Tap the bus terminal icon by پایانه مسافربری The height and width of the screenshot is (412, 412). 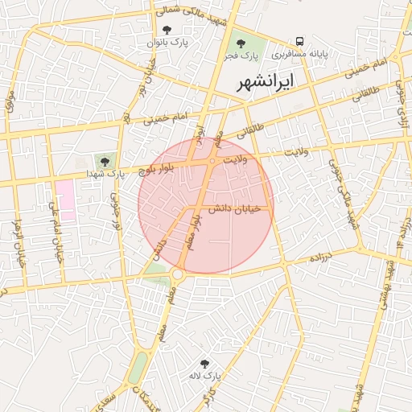(x=299, y=41)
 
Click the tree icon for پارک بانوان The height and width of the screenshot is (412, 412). (x=166, y=30)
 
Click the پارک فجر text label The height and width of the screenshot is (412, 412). (x=239, y=56)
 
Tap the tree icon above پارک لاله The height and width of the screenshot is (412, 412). (x=204, y=363)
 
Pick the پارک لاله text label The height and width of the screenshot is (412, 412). (x=204, y=376)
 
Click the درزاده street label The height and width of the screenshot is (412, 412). (x=322, y=258)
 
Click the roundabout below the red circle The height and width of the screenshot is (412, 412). (x=177, y=275)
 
